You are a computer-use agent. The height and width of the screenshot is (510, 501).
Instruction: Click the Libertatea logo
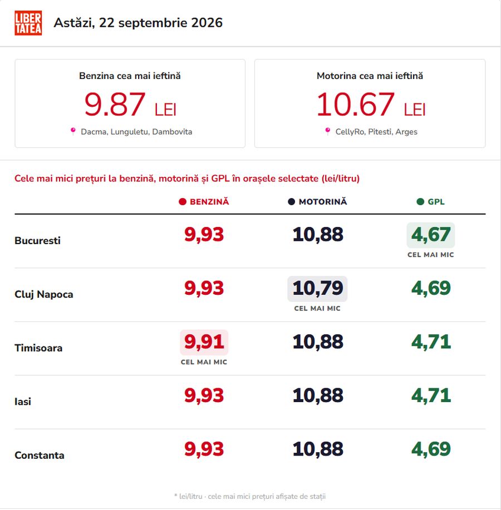(28, 23)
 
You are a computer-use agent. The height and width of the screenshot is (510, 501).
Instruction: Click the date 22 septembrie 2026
(161, 23)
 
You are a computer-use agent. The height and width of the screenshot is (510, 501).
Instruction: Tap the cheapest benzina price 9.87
(115, 105)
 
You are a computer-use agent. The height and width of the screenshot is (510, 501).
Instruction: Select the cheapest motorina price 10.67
(356, 105)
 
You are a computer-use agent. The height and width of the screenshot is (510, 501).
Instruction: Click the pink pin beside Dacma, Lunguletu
(73, 131)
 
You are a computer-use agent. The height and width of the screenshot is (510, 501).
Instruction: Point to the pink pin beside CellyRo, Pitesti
(328, 131)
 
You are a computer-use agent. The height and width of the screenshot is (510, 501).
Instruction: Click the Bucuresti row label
(37, 240)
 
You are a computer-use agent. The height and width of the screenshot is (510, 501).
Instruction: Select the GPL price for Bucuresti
(431, 235)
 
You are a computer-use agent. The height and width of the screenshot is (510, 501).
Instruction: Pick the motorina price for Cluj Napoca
(317, 289)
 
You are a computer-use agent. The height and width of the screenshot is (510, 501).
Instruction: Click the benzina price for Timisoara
(204, 342)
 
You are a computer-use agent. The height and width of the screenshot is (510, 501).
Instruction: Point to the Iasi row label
(23, 402)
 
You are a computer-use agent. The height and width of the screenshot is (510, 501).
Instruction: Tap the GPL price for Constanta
(431, 449)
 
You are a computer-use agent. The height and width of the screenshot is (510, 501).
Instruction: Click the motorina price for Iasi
(317, 396)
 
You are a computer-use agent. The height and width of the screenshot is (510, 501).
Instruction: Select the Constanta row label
(40, 455)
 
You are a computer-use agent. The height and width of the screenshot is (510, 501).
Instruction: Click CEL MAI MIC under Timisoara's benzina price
(204, 362)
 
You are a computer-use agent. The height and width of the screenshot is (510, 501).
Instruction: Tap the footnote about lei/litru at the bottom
(250, 496)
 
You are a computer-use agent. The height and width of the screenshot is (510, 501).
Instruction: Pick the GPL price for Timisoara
(431, 342)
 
